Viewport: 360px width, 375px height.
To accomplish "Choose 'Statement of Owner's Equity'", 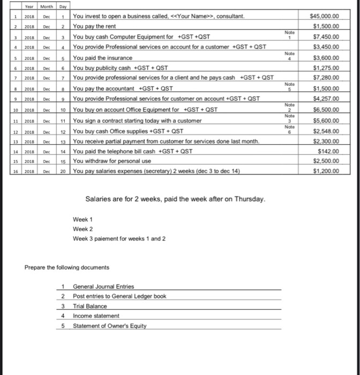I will [x=110, y=326].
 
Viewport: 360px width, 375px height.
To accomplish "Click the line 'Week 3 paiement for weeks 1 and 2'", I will [x=119, y=238].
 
